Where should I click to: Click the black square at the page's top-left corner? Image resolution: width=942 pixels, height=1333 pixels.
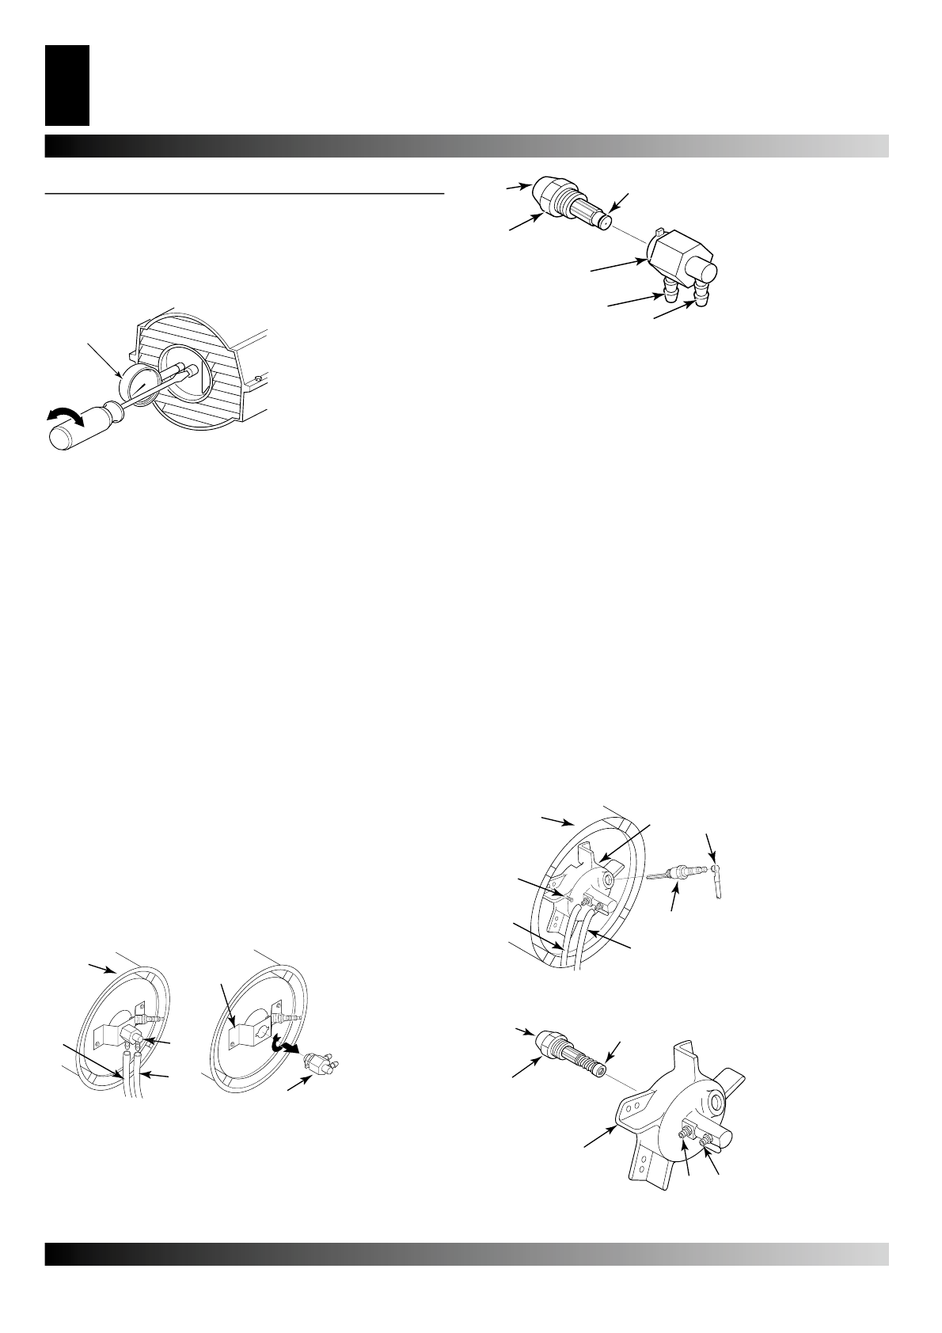pyautogui.click(x=67, y=86)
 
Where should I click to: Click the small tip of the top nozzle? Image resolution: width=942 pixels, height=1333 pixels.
pyautogui.click(x=606, y=222)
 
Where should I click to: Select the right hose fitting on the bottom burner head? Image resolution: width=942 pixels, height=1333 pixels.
pyautogui.click(x=705, y=1140)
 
